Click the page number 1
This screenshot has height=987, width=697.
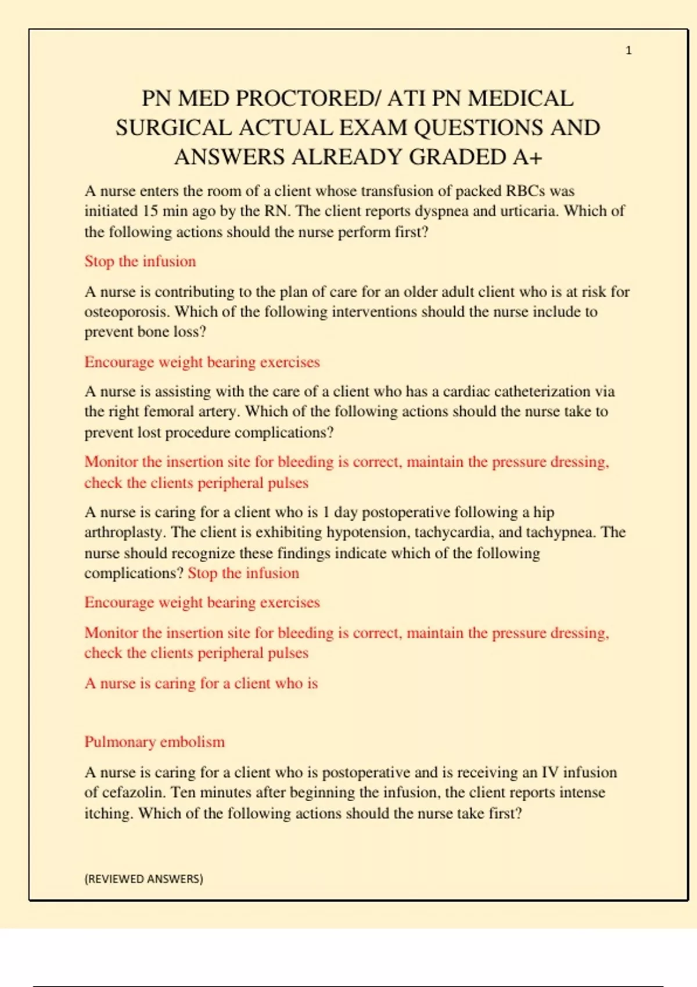pyautogui.click(x=628, y=51)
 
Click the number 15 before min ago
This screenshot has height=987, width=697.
pyautogui.click(x=150, y=211)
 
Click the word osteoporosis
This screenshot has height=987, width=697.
pyautogui.click(x=127, y=312)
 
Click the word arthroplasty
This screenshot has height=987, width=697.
pyautogui.click(x=124, y=533)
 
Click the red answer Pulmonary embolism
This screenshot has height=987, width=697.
pyautogui.click(x=155, y=742)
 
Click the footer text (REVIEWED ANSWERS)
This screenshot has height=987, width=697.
pyautogui.click(x=143, y=879)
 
